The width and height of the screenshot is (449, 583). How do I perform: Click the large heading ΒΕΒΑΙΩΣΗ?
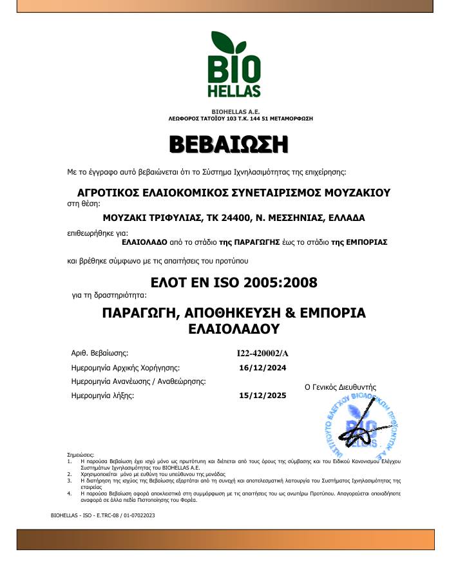tap(229, 144)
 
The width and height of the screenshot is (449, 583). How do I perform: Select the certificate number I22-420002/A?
tap(263, 354)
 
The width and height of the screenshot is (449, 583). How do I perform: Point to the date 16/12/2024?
tap(262, 368)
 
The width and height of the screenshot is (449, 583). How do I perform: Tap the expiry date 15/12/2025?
tap(262, 396)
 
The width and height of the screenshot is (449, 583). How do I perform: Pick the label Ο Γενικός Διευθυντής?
tap(339, 387)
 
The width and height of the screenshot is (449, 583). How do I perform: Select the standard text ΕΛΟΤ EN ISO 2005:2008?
tap(233, 282)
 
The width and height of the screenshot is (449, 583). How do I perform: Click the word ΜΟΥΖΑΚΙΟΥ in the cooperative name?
tap(348, 193)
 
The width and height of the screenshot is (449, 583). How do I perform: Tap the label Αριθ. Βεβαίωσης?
tap(100, 354)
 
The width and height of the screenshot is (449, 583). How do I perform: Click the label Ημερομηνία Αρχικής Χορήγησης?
tap(125, 368)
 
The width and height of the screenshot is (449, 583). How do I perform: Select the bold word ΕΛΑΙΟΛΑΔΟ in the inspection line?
tap(144, 242)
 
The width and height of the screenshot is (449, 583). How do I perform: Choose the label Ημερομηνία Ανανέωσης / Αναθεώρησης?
tap(138, 382)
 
